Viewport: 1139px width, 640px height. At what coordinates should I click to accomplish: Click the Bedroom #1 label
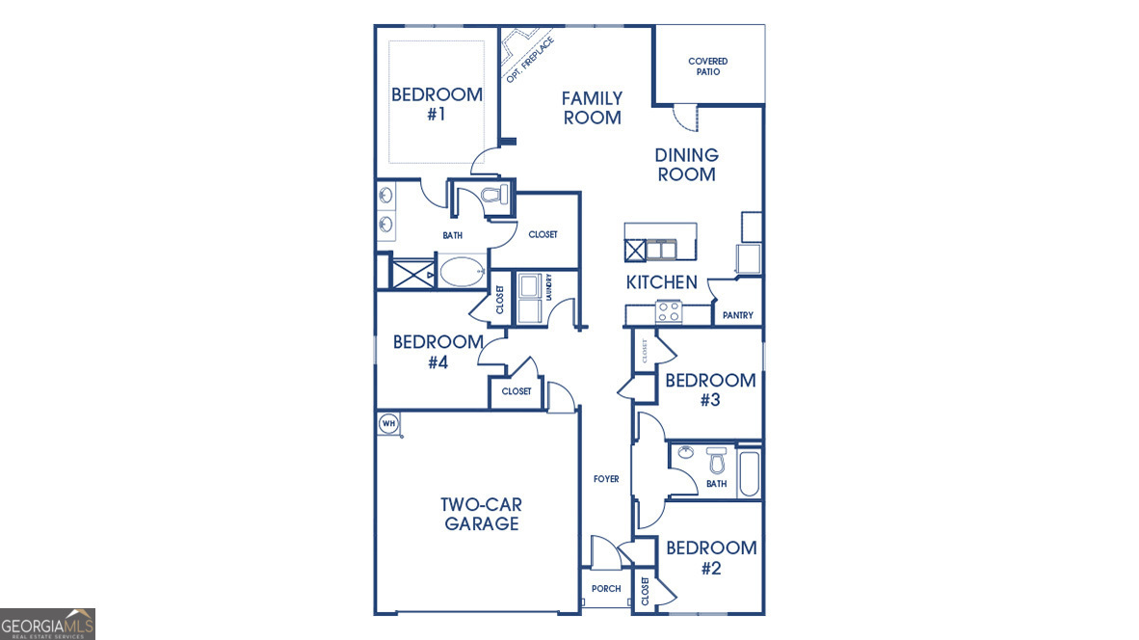437,104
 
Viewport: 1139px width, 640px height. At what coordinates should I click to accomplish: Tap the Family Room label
592,108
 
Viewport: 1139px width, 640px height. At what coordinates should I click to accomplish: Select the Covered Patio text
707,67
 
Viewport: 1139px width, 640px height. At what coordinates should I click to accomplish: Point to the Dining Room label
686,165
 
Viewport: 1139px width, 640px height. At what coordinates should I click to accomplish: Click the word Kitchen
661,282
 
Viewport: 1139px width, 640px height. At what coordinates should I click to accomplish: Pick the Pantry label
737,315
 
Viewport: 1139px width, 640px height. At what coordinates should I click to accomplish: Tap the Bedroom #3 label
710,389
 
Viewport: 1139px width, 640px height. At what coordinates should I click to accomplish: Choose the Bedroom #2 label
711,557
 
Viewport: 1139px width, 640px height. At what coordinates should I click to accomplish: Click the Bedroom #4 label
437,352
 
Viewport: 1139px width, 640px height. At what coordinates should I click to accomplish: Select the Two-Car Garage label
482,514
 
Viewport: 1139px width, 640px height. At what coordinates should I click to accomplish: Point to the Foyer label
606,479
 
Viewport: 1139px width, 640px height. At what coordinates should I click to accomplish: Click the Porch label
606,589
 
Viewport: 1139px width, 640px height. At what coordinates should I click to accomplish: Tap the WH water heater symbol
388,422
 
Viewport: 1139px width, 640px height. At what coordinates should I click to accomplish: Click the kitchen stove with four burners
669,311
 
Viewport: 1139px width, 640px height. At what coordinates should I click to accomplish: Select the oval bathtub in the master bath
464,272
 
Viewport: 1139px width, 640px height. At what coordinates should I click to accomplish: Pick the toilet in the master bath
493,198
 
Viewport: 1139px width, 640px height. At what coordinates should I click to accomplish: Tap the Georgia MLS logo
48,624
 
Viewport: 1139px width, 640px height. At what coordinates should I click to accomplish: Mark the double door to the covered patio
683,117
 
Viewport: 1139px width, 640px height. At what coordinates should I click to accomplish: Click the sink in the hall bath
686,452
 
